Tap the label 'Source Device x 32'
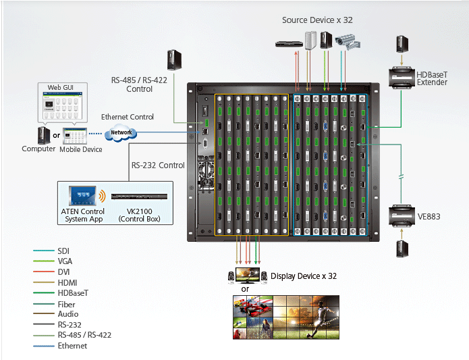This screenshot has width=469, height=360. tap(317, 20)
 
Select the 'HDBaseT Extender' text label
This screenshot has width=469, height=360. tap(432, 78)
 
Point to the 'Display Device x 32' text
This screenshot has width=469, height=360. tap(303, 276)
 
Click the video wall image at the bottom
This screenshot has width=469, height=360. tap(285, 317)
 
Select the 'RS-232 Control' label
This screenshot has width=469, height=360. tap(158, 165)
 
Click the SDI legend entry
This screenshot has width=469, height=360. tap(63, 251)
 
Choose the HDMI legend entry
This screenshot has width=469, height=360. tap(68, 282)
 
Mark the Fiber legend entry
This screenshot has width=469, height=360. tap(67, 304)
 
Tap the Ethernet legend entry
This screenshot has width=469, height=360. tap(72, 346)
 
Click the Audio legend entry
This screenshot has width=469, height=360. tap(67, 314)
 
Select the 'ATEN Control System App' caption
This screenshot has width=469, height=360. tap(82, 215)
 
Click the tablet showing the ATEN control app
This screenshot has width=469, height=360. tap(82, 196)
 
